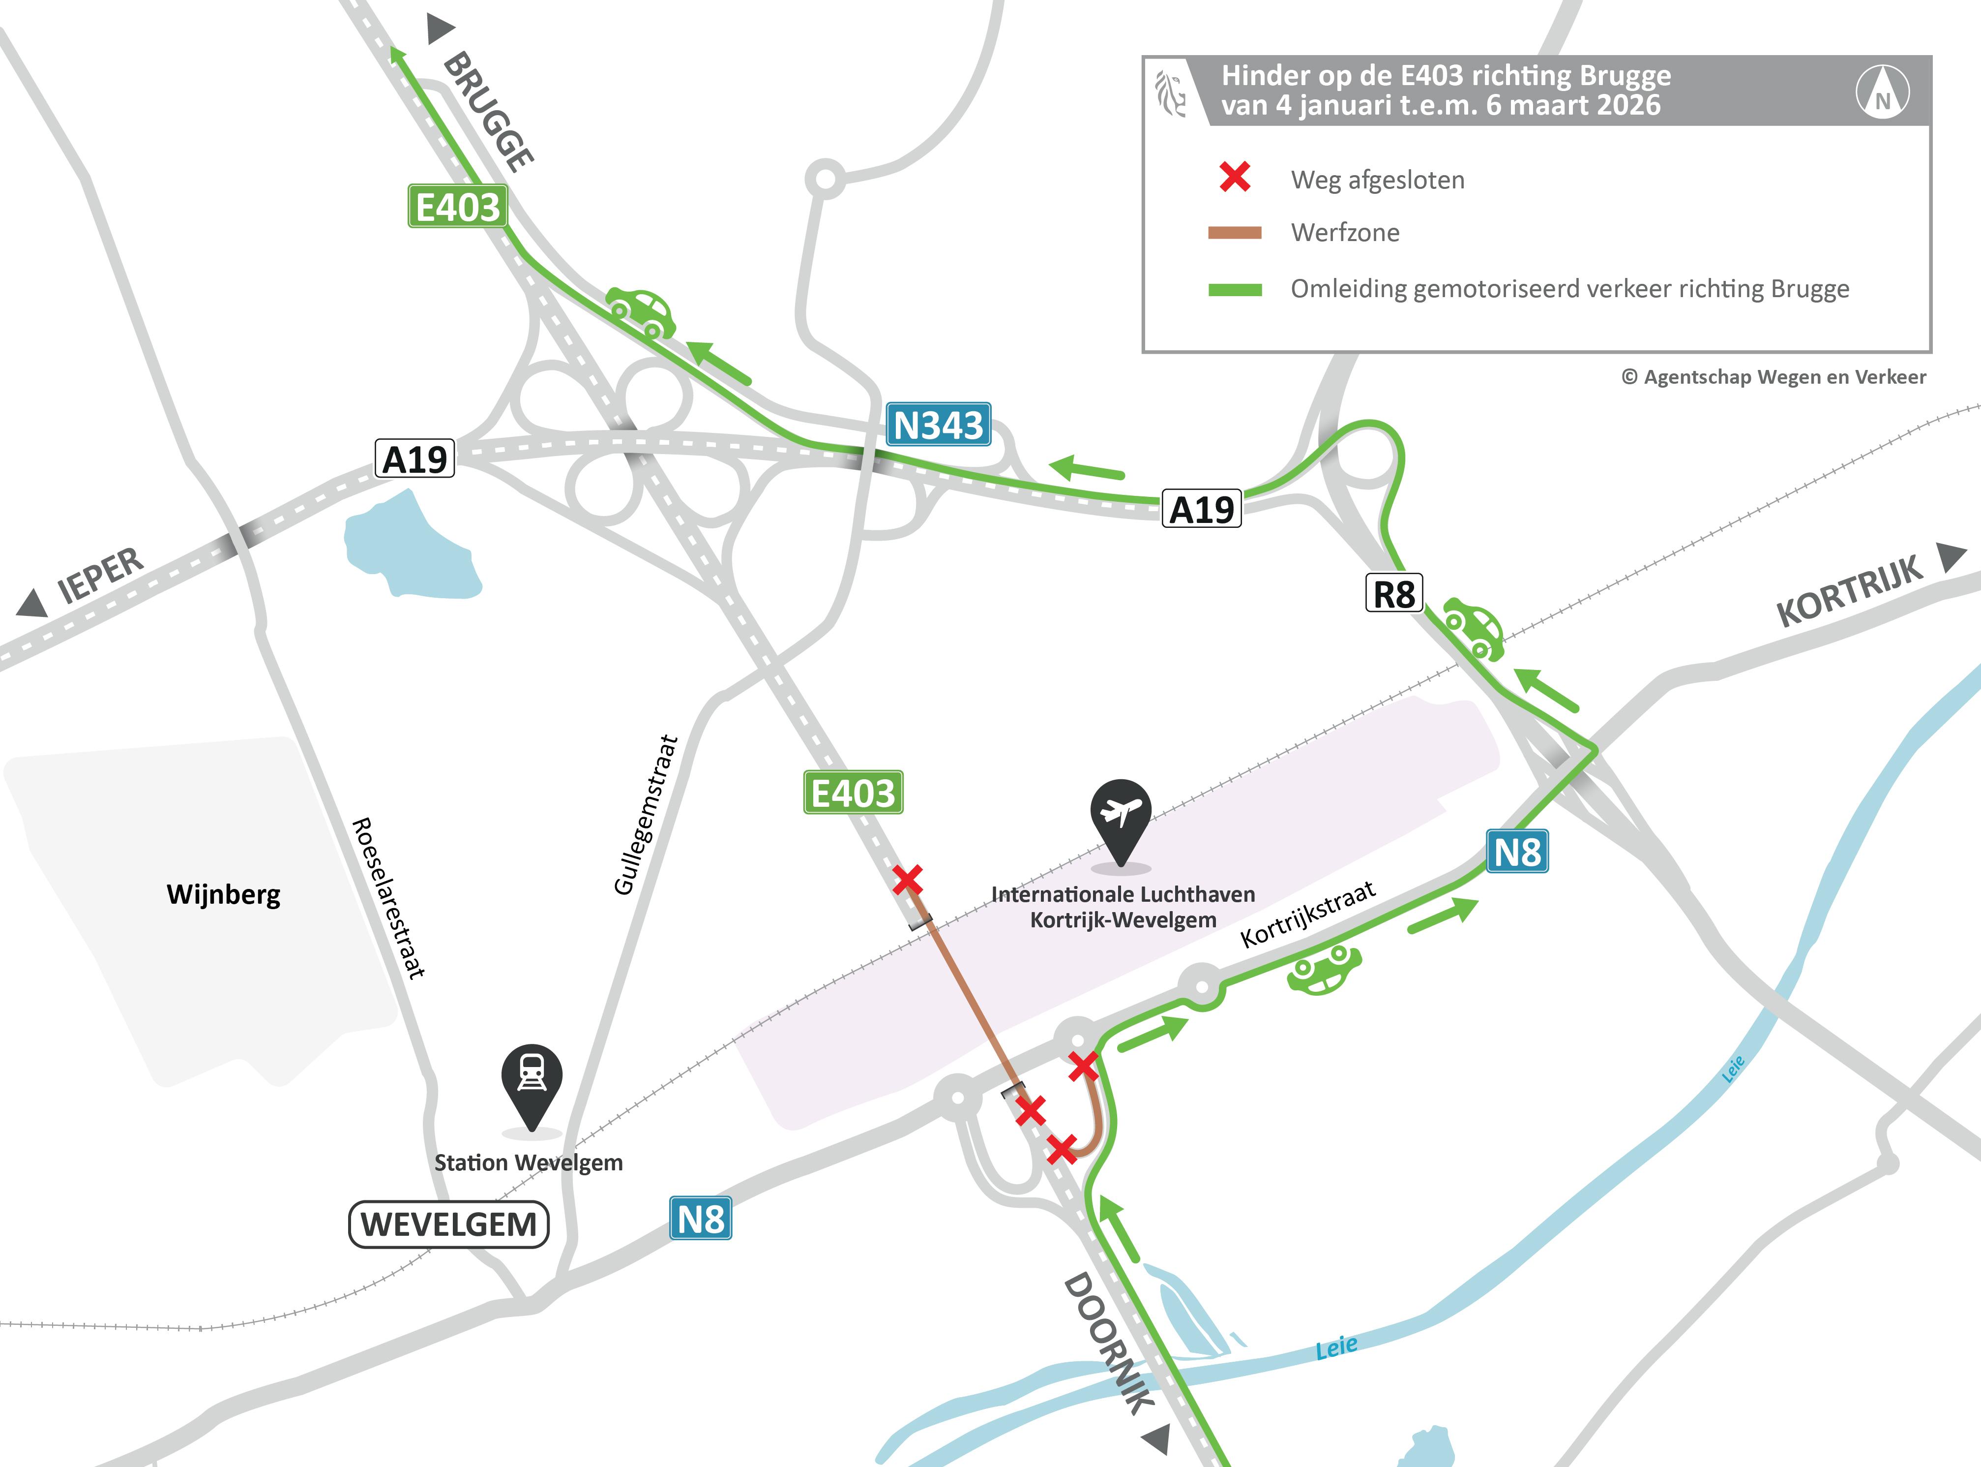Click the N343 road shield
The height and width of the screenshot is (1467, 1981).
coord(938,425)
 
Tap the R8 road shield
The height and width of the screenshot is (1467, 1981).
coord(1393,593)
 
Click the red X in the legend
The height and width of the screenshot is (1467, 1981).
coord(1235,177)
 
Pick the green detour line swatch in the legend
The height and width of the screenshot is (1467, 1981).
coord(1235,289)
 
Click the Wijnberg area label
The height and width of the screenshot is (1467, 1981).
coord(224,893)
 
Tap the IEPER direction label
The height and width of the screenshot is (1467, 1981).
coord(99,576)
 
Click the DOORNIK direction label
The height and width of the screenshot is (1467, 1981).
coord(1109,1342)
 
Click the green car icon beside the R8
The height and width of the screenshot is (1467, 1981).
coord(1473,629)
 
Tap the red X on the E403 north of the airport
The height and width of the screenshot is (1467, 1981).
coord(907,880)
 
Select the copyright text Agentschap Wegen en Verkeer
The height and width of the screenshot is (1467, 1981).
coord(1774,376)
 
